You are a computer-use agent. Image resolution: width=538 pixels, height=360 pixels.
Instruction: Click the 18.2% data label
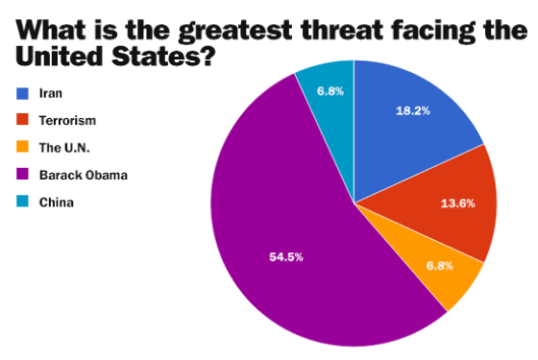pyautogui.click(x=413, y=110)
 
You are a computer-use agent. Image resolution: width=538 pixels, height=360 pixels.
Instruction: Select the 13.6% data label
pyautogui.click(x=457, y=204)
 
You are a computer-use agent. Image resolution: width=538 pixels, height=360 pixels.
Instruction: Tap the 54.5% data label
pyautogui.click(x=286, y=257)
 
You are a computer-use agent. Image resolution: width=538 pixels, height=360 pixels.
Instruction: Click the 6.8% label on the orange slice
pyautogui.click(x=440, y=266)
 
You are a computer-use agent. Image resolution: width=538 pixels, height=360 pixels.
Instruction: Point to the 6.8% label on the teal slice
pyautogui.click(x=330, y=91)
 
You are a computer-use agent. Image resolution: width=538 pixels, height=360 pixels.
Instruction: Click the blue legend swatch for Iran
pyautogui.click(x=22, y=94)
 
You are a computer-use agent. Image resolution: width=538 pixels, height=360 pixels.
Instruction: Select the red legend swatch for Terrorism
pyautogui.click(x=22, y=119)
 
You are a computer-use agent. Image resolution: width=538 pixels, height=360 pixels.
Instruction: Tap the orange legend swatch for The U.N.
pyautogui.click(x=22, y=146)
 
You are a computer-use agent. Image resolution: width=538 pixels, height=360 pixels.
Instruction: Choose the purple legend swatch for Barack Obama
pyautogui.click(x=22, y=174)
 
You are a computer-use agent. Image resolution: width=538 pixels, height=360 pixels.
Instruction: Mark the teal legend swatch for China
pyautogui.click(x=22, y=201)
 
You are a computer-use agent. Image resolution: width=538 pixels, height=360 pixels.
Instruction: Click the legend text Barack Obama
pyautogui.click(x=84, y=175)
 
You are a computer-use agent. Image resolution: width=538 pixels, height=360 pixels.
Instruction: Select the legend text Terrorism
pyautogui.click(x=67, y=121)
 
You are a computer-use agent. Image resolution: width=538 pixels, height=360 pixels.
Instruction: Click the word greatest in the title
pyautogui.click(x=235, y=30)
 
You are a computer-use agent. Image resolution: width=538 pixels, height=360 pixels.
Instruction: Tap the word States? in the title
pyautogui.click(x=163, y=57)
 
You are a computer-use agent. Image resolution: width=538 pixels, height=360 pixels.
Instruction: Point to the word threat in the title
pyautogui.click(x=342, y=29)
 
